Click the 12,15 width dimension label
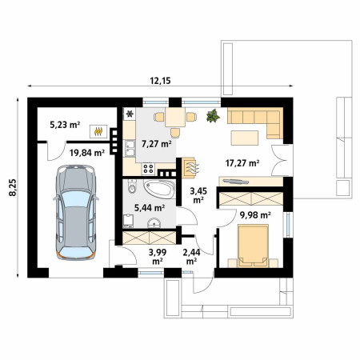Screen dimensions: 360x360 (160, 80)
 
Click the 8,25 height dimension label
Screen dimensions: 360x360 (13, 187)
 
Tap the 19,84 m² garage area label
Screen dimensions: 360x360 (87, 153)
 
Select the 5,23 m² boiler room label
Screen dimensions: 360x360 (65, 124)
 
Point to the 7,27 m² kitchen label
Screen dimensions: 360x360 (157, 144)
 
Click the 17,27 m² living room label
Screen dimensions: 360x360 (242, 162)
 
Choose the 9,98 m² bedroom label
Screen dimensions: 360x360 (255, 214)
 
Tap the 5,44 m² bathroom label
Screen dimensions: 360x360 (150, 207)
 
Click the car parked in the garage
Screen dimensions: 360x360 (76, 212)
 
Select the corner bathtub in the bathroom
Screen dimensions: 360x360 (159, 189)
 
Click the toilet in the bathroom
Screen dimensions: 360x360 (132, 186)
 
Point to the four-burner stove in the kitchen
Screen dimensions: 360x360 (148, 169)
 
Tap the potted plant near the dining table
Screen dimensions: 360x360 (213, 116)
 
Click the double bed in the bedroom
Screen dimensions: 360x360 (253, 246)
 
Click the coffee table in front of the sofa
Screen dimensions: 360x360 (245, 138)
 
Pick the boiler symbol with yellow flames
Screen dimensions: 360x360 (98, 131)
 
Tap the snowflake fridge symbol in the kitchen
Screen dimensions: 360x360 (130, 114)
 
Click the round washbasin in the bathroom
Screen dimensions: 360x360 (154, 222)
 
